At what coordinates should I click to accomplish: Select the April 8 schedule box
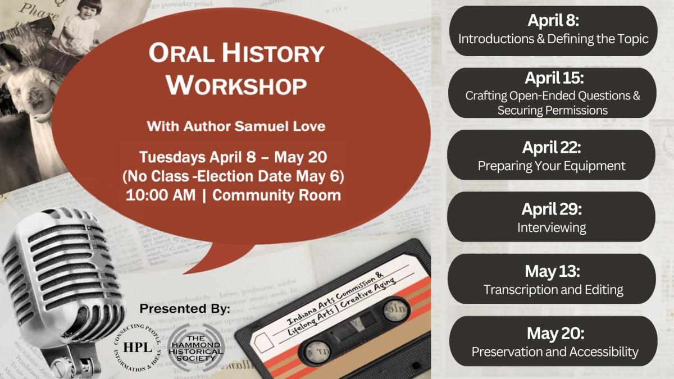(553, 31)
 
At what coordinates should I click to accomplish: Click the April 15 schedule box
(553, 93)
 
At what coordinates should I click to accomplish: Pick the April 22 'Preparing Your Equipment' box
(553, 156)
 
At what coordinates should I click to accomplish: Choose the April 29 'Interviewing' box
(553, 217)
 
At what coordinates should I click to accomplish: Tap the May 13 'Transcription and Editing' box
(553, 280)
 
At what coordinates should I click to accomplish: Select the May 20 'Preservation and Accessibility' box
(553, 341)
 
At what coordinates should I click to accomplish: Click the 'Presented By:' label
(185, 309)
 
